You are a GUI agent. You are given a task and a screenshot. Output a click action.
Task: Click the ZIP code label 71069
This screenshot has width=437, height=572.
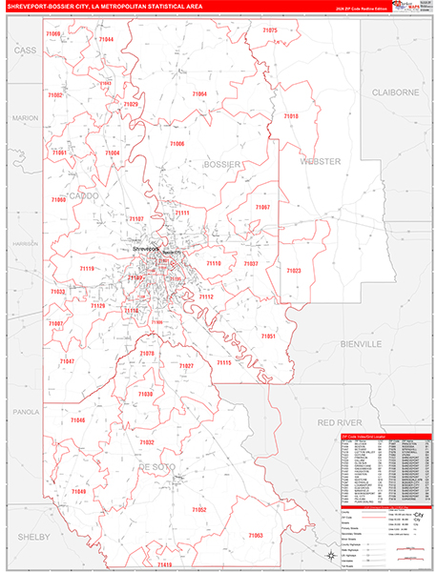click(52, 34)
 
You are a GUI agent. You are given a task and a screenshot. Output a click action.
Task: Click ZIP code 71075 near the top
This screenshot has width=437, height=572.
click(269, 31)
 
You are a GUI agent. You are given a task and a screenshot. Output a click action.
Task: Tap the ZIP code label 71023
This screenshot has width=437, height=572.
click(293, 271)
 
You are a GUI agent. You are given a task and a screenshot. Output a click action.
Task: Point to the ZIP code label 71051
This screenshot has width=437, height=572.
click(268, 337)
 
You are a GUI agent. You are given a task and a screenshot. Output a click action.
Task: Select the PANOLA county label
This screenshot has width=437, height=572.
click(24, 413)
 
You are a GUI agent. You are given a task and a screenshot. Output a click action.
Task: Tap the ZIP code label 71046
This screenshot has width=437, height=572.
click(77, 420)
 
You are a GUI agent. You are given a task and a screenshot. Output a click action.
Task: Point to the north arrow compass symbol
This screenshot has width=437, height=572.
click(330, 554)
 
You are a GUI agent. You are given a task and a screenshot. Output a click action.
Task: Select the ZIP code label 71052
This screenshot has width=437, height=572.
click(198, 510)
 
